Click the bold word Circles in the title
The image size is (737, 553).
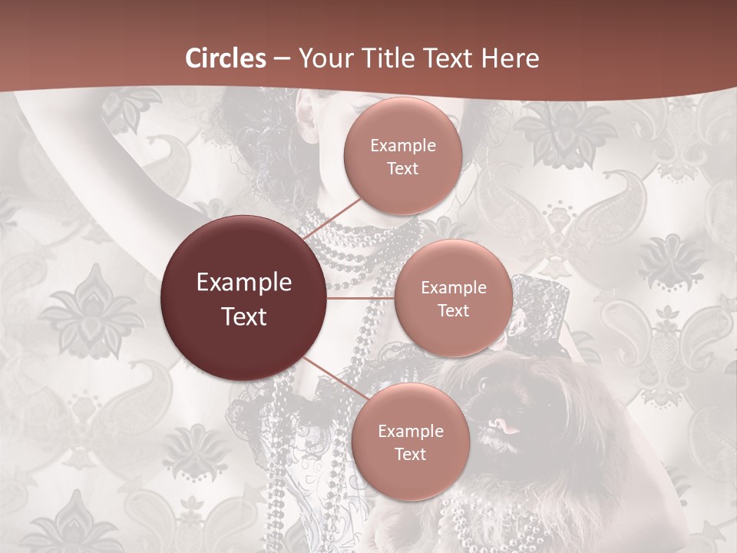click(x=226, y=58)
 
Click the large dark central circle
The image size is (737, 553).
click(x=244, y=299)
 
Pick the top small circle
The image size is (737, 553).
click(x=403, y=156)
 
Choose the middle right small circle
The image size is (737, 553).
click(x=454, y=298)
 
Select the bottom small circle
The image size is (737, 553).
click(x=411, y=442)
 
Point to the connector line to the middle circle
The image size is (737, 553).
click(x=361, y=298)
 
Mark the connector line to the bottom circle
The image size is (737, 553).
click(x=331, y=377)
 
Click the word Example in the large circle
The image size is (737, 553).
click(x=244, y=283)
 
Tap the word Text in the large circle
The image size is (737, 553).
click(x=244, y=316)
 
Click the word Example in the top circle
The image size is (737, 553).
click(x=403, y=146)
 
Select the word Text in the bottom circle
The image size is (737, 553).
click(x=411, y=454)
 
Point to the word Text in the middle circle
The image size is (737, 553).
click(x=454, y=310)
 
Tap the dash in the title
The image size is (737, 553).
click(x=282, y=59)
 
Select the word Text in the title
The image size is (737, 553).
click(x=448, y=58)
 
